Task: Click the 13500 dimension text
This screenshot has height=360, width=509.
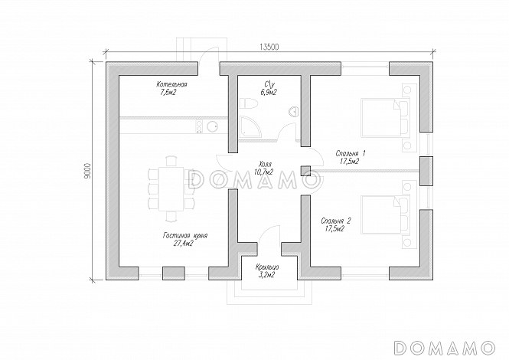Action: click(x=269, y=47)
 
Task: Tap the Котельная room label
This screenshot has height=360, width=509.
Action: click(x=171, y=84)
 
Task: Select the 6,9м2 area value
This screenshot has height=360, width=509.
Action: click(x=268, y=93)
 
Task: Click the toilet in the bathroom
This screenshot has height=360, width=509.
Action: click(x=248, y=103)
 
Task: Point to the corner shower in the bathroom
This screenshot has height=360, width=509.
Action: click(x=250, y=126)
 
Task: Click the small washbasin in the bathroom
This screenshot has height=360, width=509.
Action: click(x=293, y=111)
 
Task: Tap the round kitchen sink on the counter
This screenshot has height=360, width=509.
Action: click(x=212, y=126)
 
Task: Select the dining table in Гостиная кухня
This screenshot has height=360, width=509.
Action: click(x=171, y=188)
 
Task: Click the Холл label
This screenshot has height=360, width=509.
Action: click(x=265, y=164)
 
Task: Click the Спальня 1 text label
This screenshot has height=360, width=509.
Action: click(x=351, y=153)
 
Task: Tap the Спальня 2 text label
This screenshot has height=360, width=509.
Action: click(x=336, y=221)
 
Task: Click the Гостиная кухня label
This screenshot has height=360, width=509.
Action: click(x=184, y=236)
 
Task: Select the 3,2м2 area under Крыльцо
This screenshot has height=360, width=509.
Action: click(x=266, y=275)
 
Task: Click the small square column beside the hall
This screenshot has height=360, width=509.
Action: click(x=305, y=171)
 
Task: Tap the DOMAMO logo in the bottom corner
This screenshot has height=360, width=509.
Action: click(x=445, y=348)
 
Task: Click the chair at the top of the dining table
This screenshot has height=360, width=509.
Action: click(x=171, y=162)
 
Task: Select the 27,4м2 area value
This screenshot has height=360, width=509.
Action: click(x=184, y=243)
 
